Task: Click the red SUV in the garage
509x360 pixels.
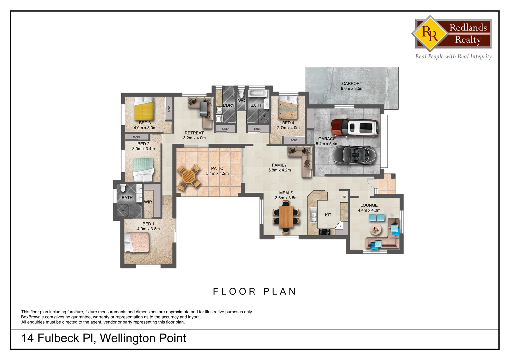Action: (x=355, y=128)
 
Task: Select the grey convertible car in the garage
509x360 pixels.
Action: (x=354, y=155)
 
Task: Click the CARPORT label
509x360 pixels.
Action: (x=352, y=84)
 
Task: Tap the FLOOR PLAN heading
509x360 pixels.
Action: (x=254, y=291)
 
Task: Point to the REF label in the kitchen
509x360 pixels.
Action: (x=344, y=197)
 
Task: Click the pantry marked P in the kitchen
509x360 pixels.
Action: (x=340, y=226)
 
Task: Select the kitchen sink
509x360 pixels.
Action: (x=313, y=215)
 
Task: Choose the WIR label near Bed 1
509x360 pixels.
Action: (x=148, y=202)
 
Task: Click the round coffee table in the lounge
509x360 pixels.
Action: (x=377, y=229)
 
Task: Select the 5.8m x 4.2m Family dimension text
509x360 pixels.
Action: (x=279, y=170)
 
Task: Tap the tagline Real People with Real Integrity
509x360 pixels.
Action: (x=453, y=56)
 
